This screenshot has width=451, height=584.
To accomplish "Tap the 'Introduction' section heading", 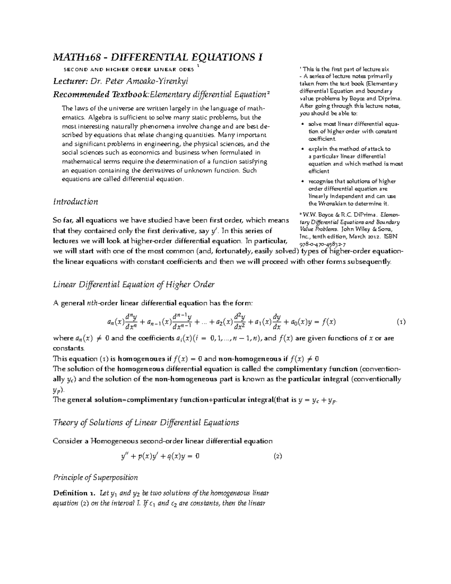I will pos(76,202).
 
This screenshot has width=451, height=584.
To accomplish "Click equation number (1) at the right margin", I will pos(401,322).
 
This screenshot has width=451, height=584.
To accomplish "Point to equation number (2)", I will pos(278,456).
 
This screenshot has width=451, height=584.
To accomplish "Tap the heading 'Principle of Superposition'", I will pos(95,478).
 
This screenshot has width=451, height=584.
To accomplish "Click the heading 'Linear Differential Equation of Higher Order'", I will pos(134,284).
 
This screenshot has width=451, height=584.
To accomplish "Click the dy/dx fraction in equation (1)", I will pos(277,322).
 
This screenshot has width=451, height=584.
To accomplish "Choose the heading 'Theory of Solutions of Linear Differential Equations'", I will pos(146,422).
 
